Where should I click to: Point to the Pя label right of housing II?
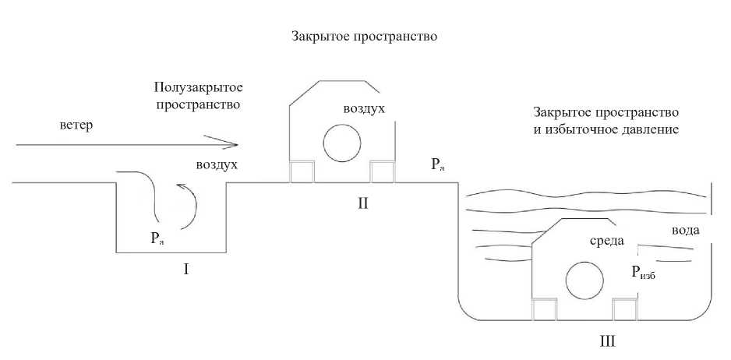tap(437, 164)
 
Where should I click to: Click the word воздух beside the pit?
tap(217, 165)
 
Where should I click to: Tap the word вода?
tap(686, 231)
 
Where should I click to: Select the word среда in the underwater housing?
tap(609, 241)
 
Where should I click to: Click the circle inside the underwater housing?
tap(584, 281)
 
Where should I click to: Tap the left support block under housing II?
tap(302, 172)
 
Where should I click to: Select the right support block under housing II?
tap(382, 172)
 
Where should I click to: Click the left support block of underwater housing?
tap(544, 310)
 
